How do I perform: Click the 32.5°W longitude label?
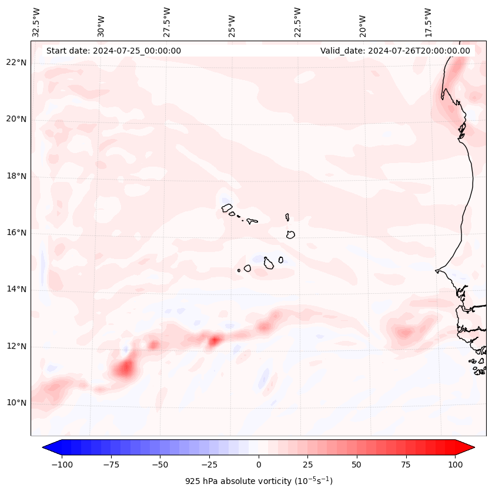[x=36, y=22]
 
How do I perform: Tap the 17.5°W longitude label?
[x=428, y=22]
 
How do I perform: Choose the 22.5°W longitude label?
[x=297, y=22]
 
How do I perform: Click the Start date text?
[x=113, y=51]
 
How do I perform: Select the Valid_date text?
[x=395, y=51]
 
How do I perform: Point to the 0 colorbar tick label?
[x=259, y=465]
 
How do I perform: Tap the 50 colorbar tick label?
[x=357, y=465]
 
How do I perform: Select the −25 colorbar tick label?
[x=209, y=465]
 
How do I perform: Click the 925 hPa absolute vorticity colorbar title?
[x=259, y=481]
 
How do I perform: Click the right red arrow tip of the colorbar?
[x=473, y=447]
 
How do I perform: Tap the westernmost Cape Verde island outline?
[x=227, y=208]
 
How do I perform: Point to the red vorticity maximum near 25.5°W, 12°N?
[x=215, y=340]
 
